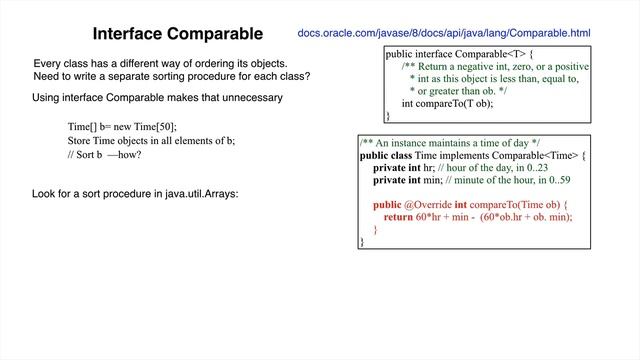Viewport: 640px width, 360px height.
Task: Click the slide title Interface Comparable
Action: (178, 34)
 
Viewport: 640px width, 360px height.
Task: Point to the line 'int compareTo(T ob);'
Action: (447, 102)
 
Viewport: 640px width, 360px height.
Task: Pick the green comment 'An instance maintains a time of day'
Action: (450, 143)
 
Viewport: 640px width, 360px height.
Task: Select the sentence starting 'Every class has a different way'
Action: (161, 63)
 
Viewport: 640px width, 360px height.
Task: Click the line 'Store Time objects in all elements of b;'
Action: (151, 141)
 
